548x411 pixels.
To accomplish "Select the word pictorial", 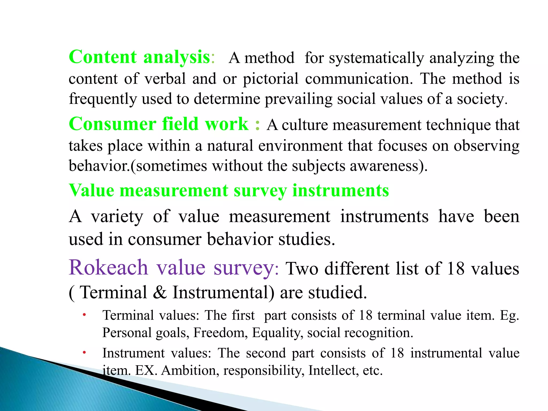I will [271, 79].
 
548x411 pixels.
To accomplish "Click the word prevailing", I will [298, 99].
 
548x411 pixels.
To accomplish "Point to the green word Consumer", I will [112, 124].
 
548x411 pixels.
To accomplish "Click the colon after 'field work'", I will [257, 125].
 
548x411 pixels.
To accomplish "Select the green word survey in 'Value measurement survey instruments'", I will [260, 191].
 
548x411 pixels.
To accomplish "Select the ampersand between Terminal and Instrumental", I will [160, 292].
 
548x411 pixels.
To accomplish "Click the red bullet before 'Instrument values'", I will [84, 353].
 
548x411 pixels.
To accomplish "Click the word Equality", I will [277, 333].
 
